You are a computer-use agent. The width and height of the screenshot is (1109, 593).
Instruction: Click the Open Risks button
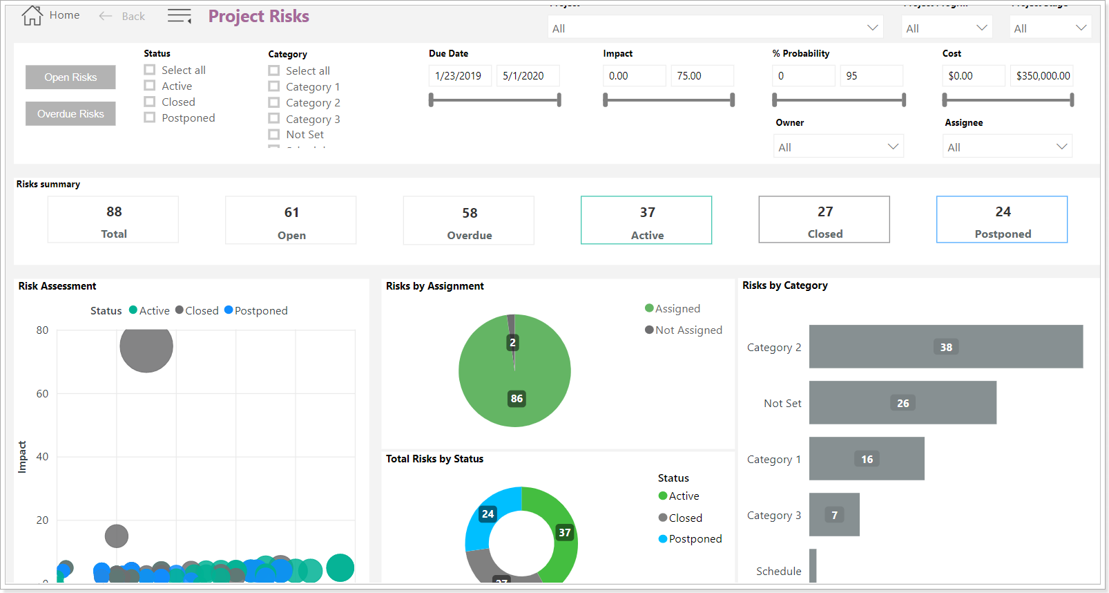(x=70, y=77)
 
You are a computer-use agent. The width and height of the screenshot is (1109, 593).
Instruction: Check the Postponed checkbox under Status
(x=150, y=117)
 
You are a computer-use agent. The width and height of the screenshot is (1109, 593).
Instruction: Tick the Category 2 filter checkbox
(x=274, y=102)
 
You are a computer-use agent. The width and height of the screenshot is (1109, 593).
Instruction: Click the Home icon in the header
(x=32, y=15)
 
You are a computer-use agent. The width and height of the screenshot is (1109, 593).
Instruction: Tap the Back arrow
(x=106, y=16)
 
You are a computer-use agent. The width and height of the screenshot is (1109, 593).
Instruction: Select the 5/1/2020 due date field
(x=527, y=76)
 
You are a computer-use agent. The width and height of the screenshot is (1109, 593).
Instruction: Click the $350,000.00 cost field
(x=1041, y=76)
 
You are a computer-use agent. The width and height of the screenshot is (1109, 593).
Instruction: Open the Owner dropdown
(x=838, y=147)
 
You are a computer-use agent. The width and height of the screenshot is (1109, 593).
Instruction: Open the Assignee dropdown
(x=1007, y=147)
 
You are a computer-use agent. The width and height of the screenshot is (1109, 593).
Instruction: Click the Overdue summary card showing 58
(x=469, y=220)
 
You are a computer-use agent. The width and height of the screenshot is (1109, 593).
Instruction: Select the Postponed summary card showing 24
(x=1002, y=220)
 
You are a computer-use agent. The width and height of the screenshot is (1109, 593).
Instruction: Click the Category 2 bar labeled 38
(x=945, y=347)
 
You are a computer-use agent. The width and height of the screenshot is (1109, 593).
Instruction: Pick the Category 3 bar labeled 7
(x=834, y=515)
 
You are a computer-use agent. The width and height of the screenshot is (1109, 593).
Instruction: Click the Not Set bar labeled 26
(x=903, y=403)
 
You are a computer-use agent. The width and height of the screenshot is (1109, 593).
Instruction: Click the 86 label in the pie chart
(x=517, y=399)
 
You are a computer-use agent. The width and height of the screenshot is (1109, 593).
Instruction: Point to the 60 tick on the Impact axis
(x=42, y=394)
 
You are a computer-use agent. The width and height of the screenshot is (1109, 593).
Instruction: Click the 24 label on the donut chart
(x=488, y=514)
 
